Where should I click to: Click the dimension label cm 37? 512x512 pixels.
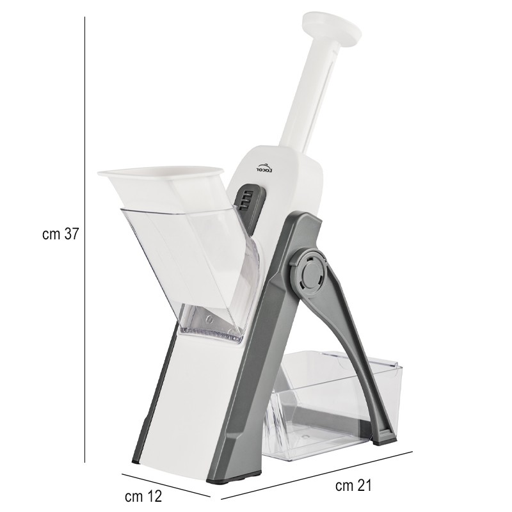tap(60, 234)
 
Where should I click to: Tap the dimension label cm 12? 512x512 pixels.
tap(143, 497)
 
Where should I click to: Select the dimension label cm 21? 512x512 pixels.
tap(353, 486)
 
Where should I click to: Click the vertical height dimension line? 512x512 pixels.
tap(85, 239)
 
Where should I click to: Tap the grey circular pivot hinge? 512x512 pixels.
tap(312, 271)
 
